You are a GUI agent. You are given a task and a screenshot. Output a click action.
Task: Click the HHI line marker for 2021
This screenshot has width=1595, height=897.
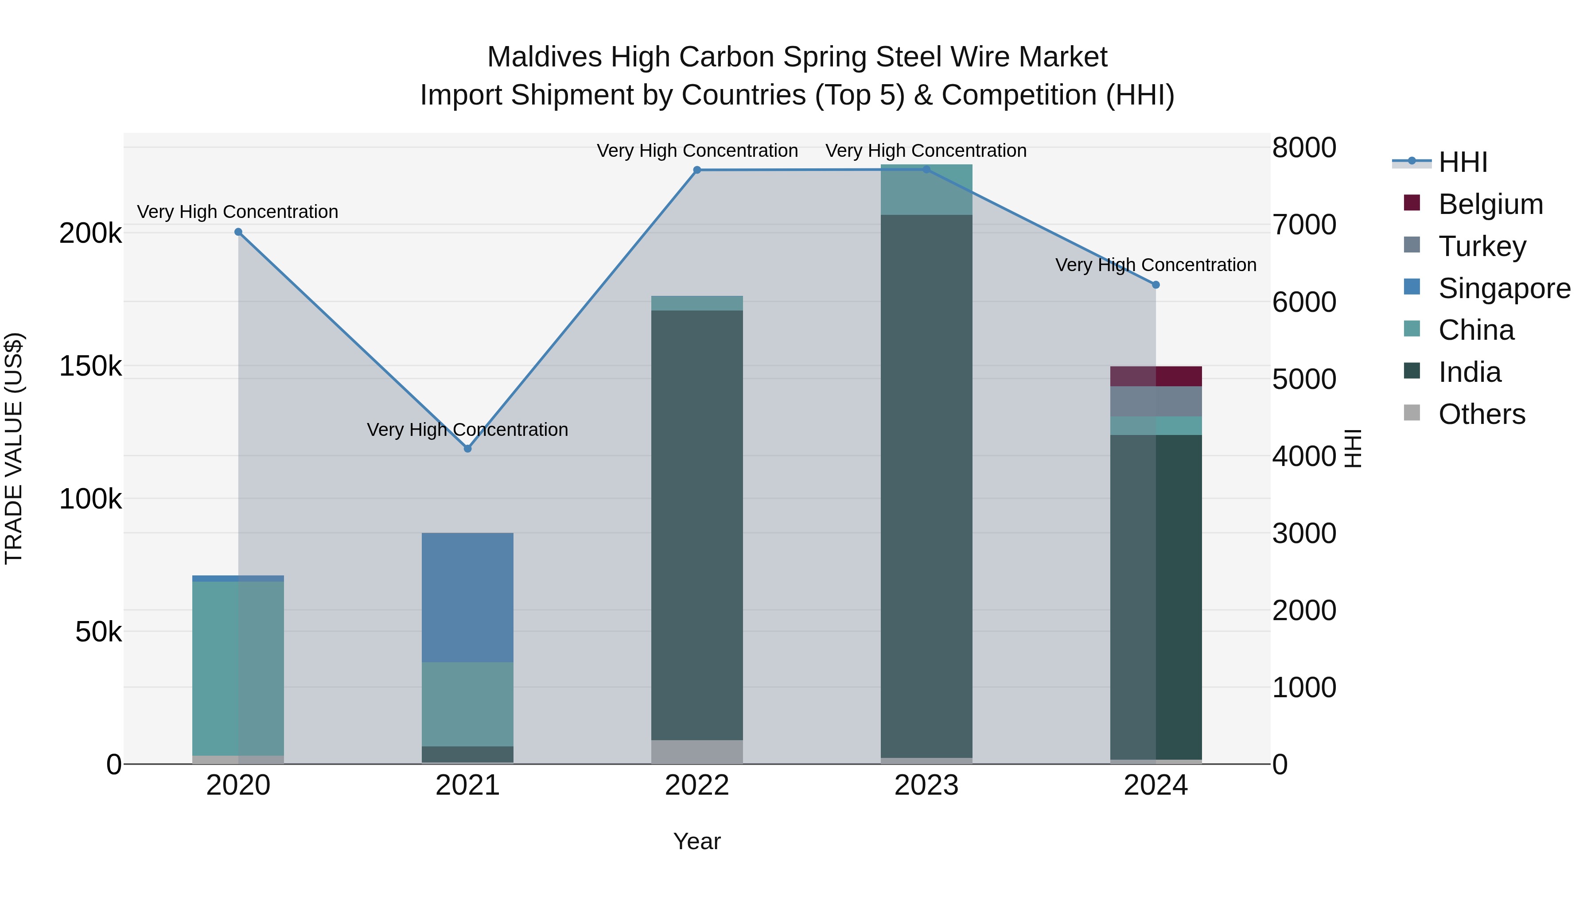(467, 448)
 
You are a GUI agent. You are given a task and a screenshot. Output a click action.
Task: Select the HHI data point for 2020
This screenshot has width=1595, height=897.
(238, 232)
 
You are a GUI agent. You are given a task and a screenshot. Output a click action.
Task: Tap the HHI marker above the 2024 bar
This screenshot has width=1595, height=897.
(1155, 285)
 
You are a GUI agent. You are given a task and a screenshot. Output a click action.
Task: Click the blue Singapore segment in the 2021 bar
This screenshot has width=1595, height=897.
(467, 598)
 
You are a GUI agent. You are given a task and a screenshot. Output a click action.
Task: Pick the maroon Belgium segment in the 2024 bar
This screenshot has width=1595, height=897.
(1155, 377)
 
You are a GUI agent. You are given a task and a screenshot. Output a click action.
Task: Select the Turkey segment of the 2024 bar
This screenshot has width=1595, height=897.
(1155, 401)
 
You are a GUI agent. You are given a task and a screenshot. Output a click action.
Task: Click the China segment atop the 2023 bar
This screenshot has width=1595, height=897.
(926, 190)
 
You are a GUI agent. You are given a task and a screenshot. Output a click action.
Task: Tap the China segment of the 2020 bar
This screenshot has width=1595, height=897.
(238, 668)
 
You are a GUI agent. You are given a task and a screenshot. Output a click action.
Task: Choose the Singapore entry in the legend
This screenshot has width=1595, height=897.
(1503, 288)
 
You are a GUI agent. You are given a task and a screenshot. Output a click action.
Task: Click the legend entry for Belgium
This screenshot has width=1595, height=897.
(1490, 204)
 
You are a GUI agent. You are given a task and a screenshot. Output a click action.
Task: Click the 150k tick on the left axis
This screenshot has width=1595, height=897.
(90, 366)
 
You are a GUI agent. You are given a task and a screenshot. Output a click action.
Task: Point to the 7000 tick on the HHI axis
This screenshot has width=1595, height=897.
(1304, 225)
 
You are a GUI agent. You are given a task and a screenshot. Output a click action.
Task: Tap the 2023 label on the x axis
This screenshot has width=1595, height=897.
(926, 785)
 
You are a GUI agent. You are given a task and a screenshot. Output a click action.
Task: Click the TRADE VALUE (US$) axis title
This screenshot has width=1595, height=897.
(14, 448)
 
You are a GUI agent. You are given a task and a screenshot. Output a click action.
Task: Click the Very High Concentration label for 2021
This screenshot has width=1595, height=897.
(467, 430)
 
